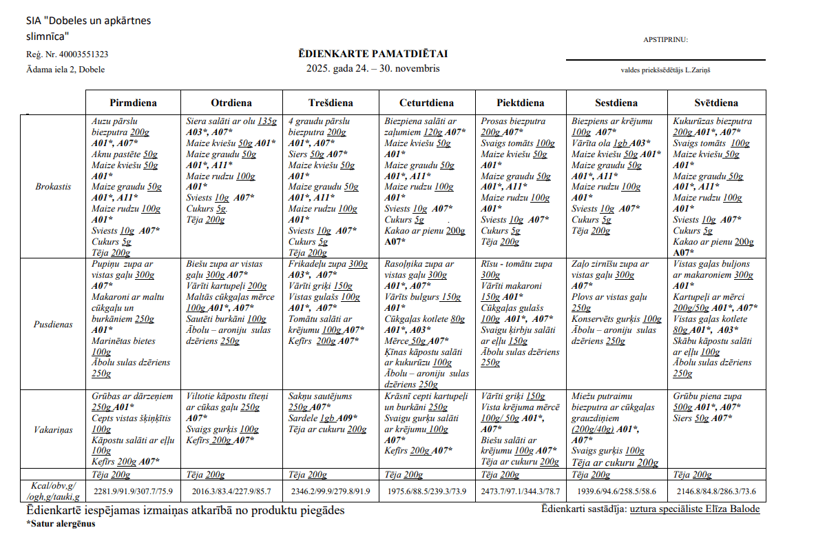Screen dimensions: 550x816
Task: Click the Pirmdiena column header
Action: tap(133, 103)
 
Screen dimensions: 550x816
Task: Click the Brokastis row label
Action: tap(54, 186)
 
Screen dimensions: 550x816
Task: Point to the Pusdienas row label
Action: tap(54, 325)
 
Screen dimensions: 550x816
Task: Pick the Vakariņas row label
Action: tap(54, 429)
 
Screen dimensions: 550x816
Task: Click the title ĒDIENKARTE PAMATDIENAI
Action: tap(373, 54)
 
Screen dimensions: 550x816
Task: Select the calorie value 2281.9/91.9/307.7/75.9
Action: tap(134, 491)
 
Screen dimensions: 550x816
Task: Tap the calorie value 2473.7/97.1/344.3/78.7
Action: tap(520, 491)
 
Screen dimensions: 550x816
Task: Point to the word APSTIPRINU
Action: tap(665, 39)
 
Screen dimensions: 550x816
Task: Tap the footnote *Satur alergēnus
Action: tap(61, 523)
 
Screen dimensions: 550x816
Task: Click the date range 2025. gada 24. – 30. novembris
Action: tap(373, 68)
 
